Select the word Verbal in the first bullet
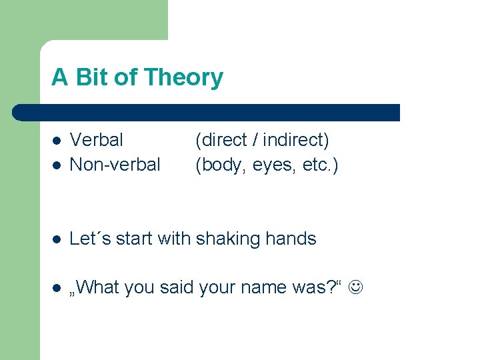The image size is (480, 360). tap(97, 140)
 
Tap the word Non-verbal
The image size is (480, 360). tap(115, 164)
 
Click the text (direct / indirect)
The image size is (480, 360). tap(262, 140)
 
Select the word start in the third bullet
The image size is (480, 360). tap(135, 239)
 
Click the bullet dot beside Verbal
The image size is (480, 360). tap(56, 141)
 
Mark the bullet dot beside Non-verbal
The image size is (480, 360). tap(56, 165)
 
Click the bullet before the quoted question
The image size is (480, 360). tap(56, 288)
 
